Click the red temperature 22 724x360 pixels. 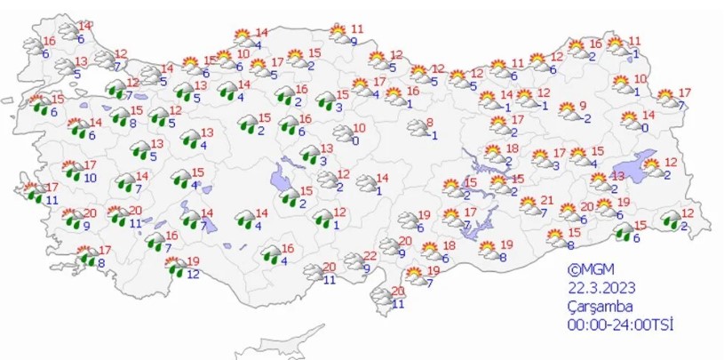coord(370,255)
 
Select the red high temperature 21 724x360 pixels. coord(547,200)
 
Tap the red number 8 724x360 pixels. coord(430,122)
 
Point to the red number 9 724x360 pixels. coord(584,106)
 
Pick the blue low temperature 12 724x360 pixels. coord(193,273)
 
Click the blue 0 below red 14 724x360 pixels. coord(645,127)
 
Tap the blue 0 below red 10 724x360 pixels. coord(355,140)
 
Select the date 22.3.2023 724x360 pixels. coord(601,286)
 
